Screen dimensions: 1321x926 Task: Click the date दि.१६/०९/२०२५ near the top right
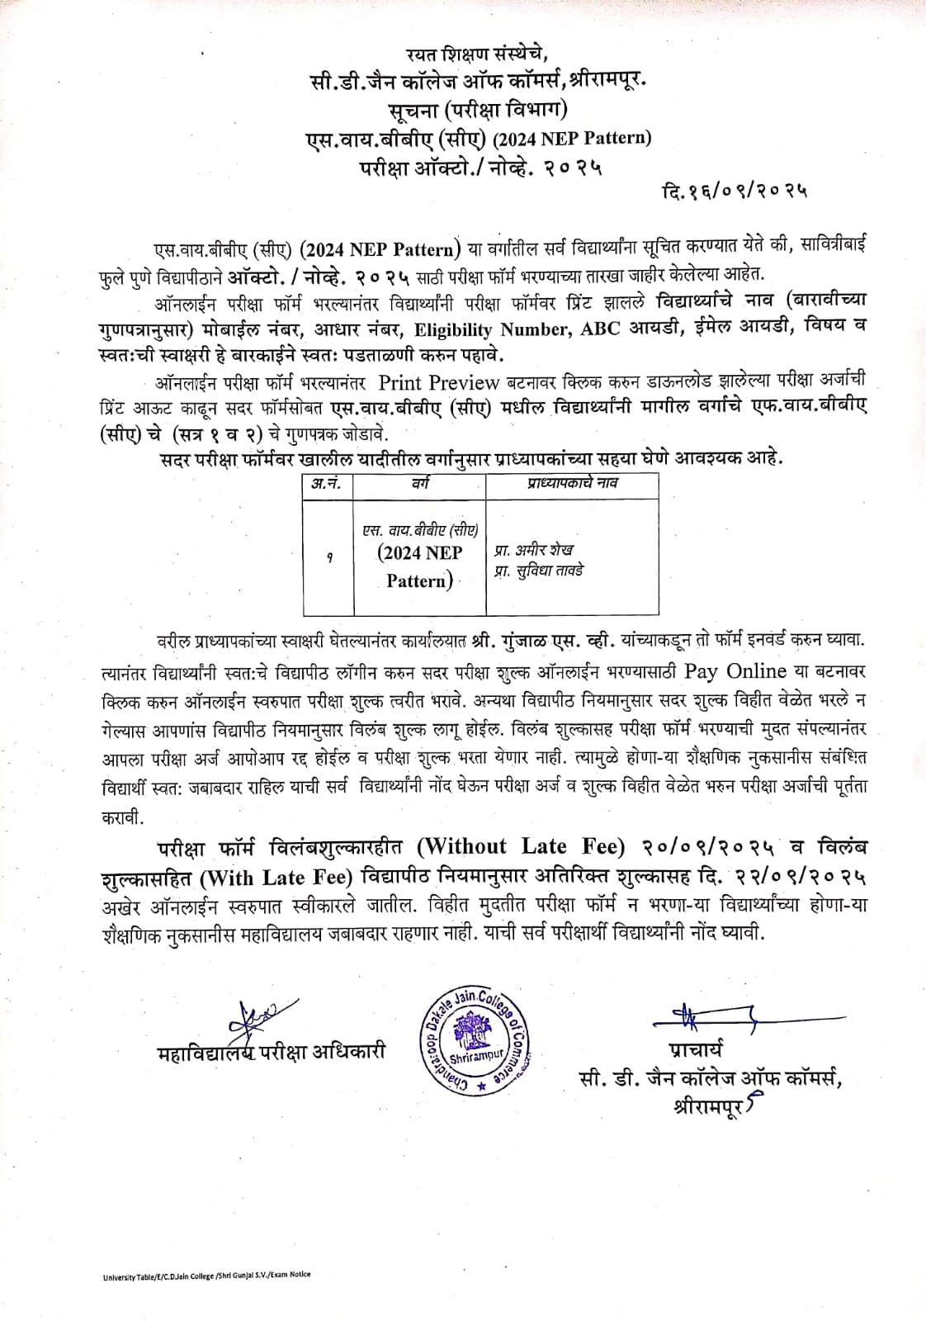[x=735, y=192]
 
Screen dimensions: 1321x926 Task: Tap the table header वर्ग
[x=420, y=484]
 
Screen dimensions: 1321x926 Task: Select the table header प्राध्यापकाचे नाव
[x=572, y=483]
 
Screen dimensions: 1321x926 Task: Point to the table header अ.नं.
[x=328, y=484]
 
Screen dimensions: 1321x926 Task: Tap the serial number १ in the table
[x=329, y=558]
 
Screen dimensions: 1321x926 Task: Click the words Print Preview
[x=439, y=382]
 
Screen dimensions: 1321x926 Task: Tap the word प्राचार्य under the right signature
[x=696, y=1051]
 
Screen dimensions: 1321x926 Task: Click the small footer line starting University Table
[x=207, y=1276]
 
